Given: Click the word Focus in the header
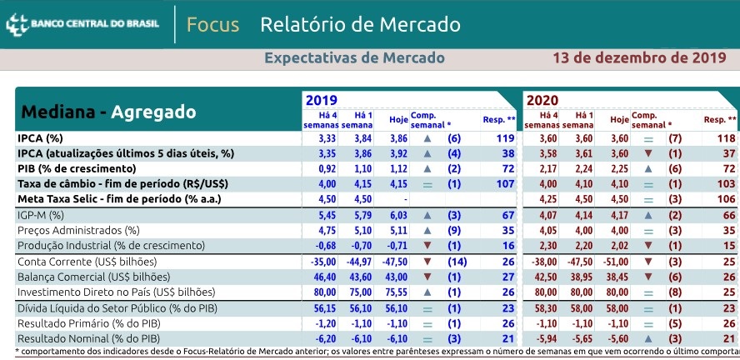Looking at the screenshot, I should coord(212,24).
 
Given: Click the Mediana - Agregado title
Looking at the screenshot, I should coord(107,112).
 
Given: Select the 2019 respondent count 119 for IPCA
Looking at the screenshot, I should coord(504,137).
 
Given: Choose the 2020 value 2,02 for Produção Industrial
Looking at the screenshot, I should coord(617,245).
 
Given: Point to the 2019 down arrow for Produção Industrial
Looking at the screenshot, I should coord(427,245).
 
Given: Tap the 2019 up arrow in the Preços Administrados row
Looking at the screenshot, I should coord(427,230).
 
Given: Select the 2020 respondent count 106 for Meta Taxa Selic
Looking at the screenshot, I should coord(725,199).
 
